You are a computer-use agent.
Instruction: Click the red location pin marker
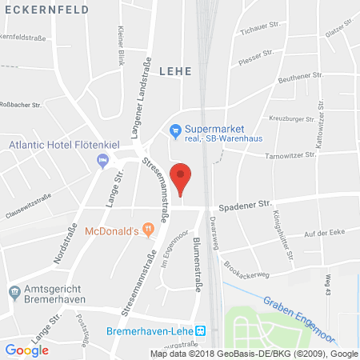(x=183, y=178)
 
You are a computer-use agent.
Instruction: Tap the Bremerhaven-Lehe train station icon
(x=201, y=330)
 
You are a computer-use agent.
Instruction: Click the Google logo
(x=27, y=350)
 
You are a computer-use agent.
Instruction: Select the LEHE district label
(x=175, y=71)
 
